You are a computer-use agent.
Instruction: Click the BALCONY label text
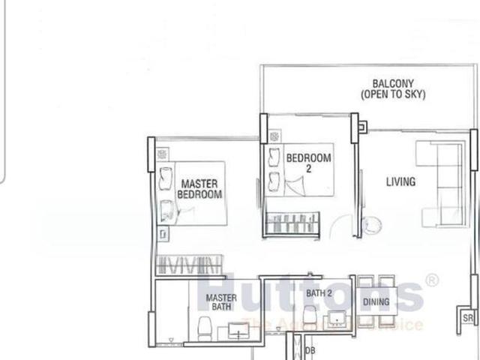(x=392, y=83)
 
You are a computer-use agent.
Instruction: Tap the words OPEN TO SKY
(x=392, y=94)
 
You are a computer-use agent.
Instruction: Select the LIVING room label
(x=400, y=181)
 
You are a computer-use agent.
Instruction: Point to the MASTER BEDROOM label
(x=199, y=189)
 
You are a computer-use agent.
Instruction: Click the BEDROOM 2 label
(x=308, y=163)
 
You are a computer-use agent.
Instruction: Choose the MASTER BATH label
(x=221, y=302)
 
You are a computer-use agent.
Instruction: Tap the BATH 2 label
(x=319, y=293)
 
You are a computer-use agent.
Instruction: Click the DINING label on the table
(x=376, y=302)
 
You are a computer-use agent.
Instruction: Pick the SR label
(x=467, y=319)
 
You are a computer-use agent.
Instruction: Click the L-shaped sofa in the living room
(x=443, y=184)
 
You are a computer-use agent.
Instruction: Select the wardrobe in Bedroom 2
(x=293, y=223)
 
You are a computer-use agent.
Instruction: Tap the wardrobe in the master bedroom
(x=189, y=264)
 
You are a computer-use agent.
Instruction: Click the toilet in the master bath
(x=203, y=328)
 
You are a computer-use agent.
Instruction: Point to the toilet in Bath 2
(x=309, y=314)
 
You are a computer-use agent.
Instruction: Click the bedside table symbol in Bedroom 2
(x=274, y=136)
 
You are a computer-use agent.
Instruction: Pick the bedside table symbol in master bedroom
(x=163, y=154)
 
